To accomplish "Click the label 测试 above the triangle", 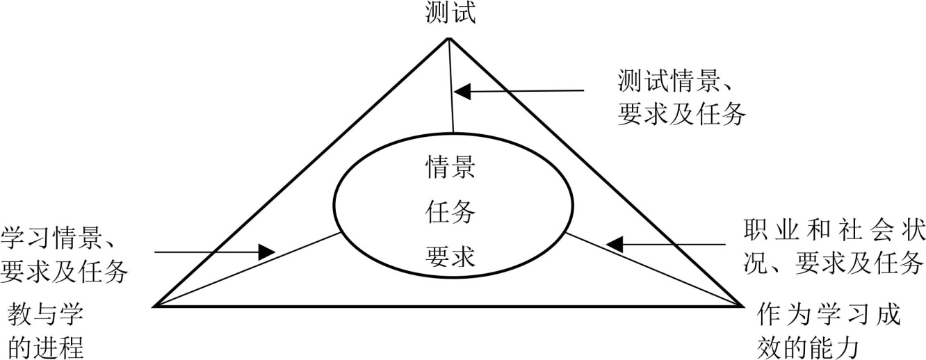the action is coord(450,13).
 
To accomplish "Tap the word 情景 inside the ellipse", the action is coord(450,167).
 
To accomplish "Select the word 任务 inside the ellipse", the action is coord(450,213).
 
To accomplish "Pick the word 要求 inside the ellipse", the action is coord(450,258).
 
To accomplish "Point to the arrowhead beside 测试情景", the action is coord(463,90).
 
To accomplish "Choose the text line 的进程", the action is coord(45,346).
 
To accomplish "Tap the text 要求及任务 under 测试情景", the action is coord(681,115).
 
